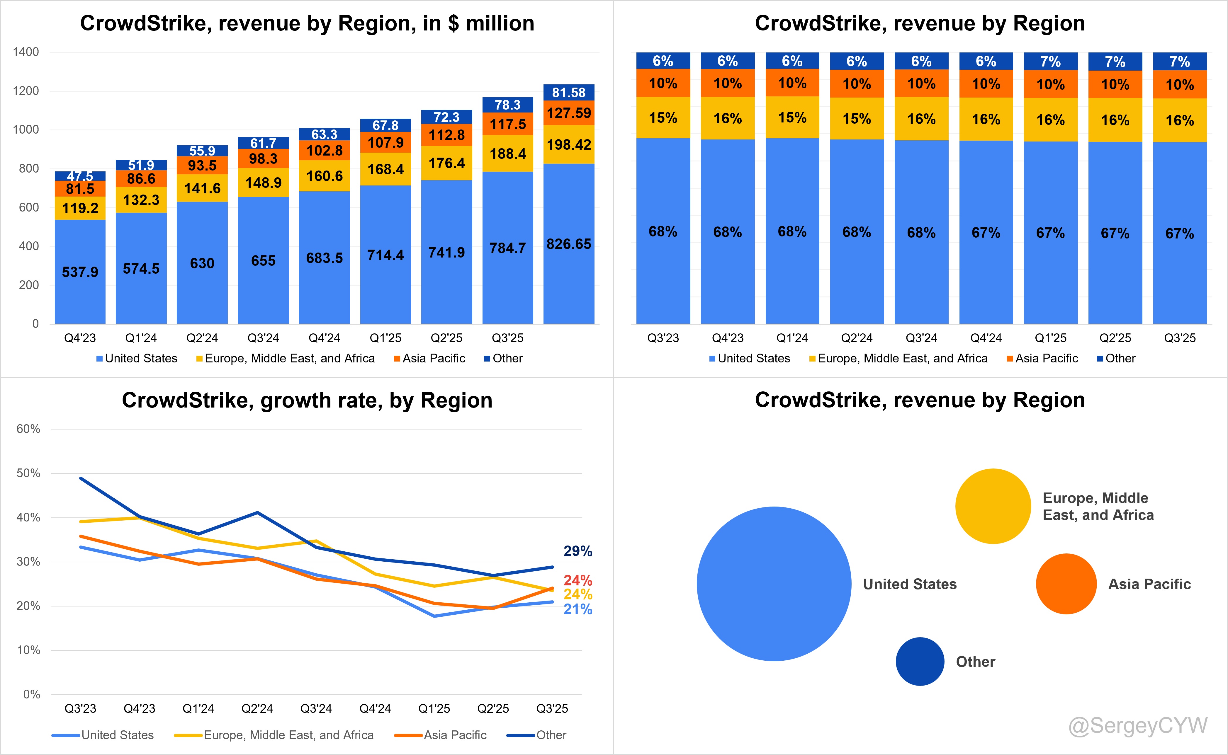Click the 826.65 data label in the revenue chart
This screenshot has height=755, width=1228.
point(568,244)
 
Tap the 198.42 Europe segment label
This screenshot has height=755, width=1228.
point(568,145)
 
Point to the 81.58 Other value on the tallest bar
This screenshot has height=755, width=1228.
point(568,92)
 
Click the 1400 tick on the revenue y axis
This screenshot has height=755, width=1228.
point(26,52)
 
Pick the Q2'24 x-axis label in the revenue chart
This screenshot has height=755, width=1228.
point(202,338)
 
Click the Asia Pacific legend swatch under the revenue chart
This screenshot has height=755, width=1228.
point(397,359)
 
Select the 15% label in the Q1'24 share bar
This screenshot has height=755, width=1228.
point(792,118)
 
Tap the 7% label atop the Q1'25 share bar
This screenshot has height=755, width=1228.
point(1050,62)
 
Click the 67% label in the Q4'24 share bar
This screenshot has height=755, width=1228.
point(986,233)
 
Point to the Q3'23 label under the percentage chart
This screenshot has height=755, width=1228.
point(663,338)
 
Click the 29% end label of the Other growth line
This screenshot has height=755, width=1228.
point(578,551)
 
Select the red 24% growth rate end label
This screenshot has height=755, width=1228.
point(578,580)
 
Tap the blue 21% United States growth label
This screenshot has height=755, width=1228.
point(578,609)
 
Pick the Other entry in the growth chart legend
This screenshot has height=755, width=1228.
point(551,735)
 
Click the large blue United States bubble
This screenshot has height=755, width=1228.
point(774,584)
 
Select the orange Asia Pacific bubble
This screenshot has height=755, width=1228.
point(1066,584)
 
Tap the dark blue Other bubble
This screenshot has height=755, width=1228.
point(920,661)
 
